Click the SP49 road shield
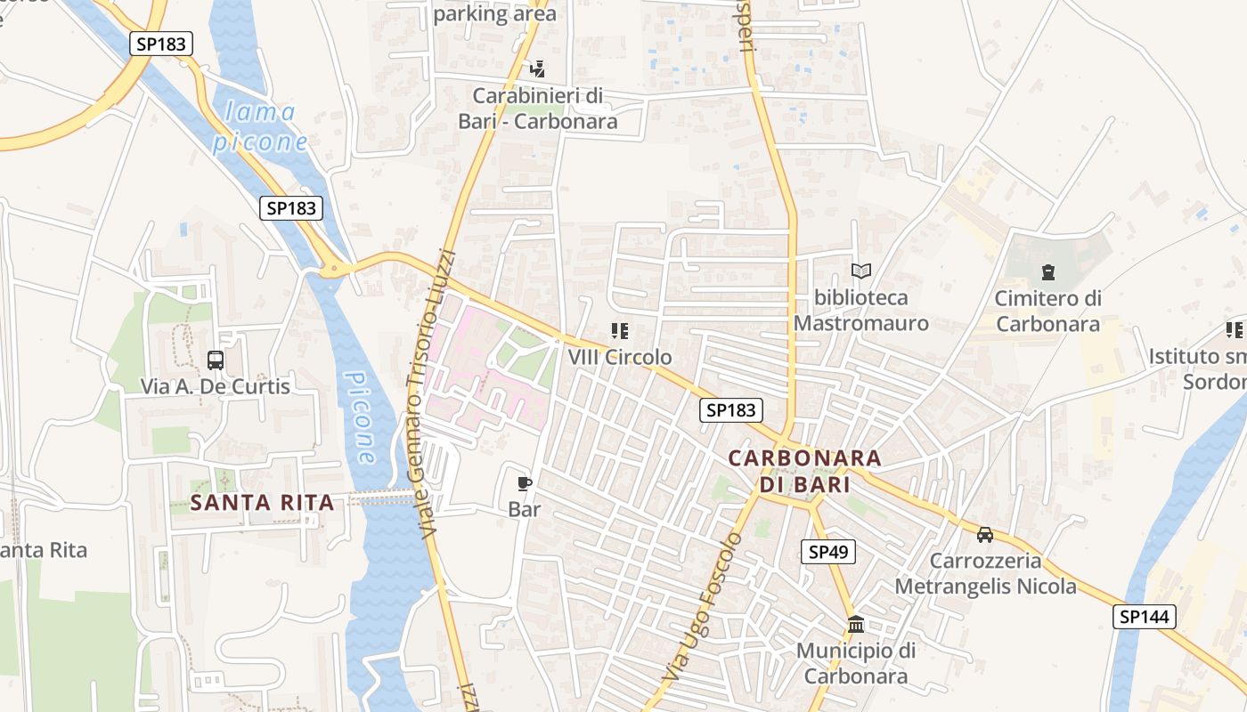coord(828,552)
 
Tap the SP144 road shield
coord(1144,617)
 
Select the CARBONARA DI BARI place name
coord(804,471)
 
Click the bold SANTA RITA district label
coord(263,503)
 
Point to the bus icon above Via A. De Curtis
coord(216,360)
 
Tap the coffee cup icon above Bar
coord(525,483)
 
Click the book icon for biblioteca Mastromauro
coord(860,271)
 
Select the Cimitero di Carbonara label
coord(1047,311)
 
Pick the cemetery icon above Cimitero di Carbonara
coord(1047,272)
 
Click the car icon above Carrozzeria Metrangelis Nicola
coord(985,534)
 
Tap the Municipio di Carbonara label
coord(856,663)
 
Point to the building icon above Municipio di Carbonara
coord(856,624)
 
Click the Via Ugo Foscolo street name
coord(702,608)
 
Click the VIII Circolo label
coord(620,357)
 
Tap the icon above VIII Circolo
coord(620,331)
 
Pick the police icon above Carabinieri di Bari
coord(537,69)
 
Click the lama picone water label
coord(261,126)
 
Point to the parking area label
coord(495,13)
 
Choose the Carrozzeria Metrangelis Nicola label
coord(985,574)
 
